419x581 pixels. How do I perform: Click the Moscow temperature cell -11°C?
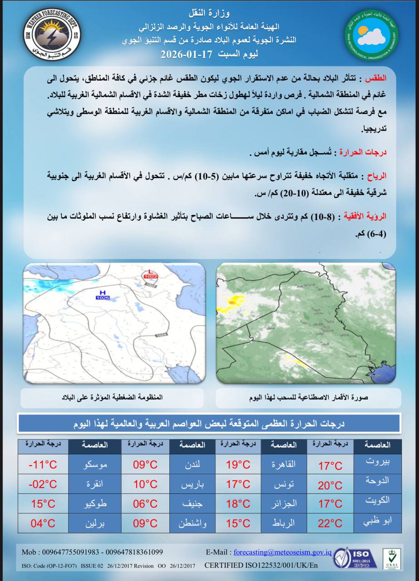[x=42, y=465]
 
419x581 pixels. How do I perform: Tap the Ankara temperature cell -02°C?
[x=42, y=484]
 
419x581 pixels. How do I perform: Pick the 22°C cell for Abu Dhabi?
[x=330, y=523]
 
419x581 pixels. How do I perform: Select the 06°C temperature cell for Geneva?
[x=145, y=503]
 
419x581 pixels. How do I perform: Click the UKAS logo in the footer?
[x=391, y=558]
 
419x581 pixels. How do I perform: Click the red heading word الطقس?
[x=380, y=78]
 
